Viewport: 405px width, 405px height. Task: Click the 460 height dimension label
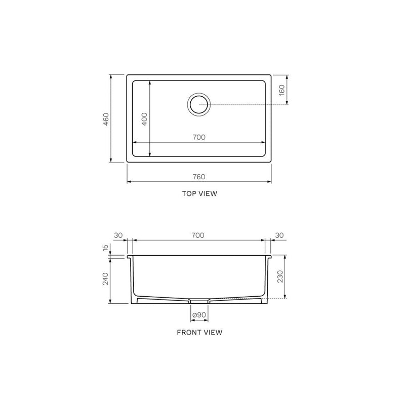pos(106,119)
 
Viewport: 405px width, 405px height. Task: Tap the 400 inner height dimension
pos(145,119)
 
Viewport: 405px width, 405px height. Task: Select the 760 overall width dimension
pos(199,177)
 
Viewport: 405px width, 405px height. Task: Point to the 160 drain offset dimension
pos(282,90)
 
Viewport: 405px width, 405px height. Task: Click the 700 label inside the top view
pos(199,137)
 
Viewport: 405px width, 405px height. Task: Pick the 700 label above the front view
pos(198,235)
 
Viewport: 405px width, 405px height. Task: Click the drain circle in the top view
pos(199,104)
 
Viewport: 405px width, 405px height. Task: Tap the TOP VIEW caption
pos(199,193)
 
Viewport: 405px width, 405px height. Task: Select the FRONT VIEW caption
pos(199,332)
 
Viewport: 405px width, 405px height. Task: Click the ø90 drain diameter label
pos(199,315)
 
